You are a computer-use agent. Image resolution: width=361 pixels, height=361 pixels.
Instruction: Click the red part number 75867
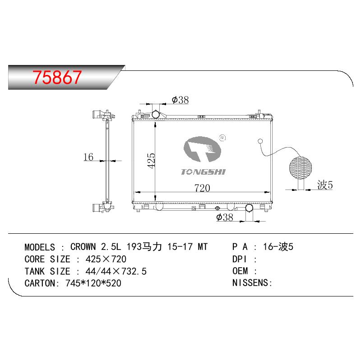tap(57, 77)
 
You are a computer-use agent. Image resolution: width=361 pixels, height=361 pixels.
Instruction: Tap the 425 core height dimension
tap(151, 161)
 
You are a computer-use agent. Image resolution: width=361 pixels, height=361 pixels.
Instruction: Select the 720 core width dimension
tap(202, 188)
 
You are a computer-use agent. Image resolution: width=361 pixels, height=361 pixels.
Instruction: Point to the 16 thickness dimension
tap(88, 157)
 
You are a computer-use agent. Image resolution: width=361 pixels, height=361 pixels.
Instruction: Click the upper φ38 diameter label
tap(180, 100)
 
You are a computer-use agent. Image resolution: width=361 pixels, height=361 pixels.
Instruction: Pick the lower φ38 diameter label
tap(224, 217)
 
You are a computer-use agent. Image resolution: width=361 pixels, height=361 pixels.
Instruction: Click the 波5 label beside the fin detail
tap(325, 185)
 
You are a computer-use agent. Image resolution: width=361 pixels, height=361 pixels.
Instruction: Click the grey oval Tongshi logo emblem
tap(202, 149)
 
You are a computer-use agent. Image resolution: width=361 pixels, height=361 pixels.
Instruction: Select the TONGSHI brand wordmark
tap(203, 172)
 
